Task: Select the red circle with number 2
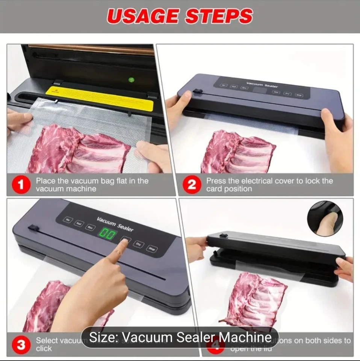point(192,185)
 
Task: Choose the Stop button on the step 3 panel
point(151,249)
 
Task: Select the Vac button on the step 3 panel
point(67,219)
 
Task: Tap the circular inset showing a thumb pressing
point(325,218)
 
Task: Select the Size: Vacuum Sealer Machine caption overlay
point(180,337)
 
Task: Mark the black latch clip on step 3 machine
point(33,228)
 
